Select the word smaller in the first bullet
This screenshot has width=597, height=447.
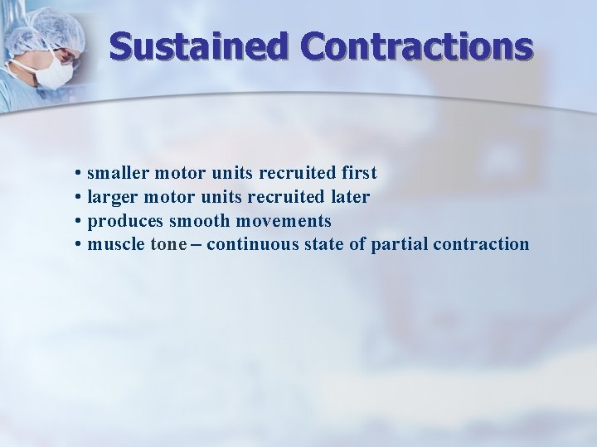116,173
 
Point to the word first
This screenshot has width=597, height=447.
357,173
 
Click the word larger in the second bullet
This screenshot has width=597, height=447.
112,197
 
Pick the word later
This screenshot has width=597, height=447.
349,197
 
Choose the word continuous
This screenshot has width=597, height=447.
248,245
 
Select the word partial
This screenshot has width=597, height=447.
396,245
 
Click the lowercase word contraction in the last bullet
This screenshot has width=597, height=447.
478,245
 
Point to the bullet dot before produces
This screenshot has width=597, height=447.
76,222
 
